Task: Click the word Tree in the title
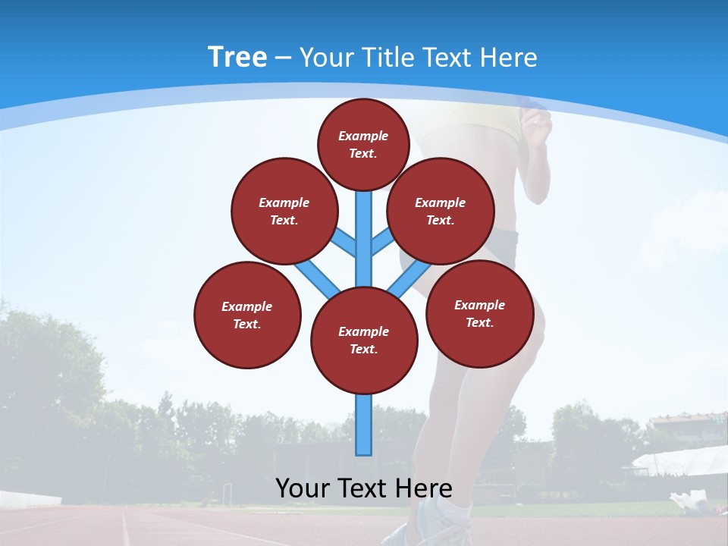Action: point(237,57)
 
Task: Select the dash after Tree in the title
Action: point(283,58)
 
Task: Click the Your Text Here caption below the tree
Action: point(364,488)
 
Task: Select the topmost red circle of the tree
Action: point(363,144)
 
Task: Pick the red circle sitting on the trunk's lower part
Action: point(364,340)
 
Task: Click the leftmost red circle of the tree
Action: point(247,315)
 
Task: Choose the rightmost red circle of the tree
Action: point(479,313)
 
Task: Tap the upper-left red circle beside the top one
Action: point(284,211)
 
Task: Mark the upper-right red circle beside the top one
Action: point(441,211)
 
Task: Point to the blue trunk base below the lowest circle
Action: point(364,425)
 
